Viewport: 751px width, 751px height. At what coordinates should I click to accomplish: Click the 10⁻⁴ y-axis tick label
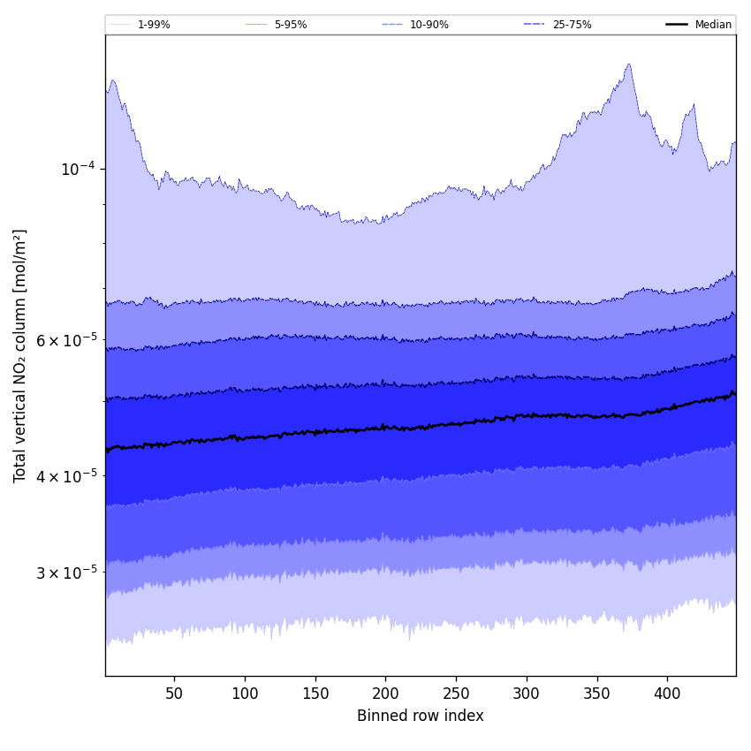[77, 169]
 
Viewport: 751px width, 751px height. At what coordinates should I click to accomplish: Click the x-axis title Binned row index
[421, 716]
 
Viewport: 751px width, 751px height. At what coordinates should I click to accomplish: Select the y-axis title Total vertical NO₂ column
[20, 355]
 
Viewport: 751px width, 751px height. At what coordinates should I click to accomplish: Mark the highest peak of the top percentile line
[629, 64]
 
